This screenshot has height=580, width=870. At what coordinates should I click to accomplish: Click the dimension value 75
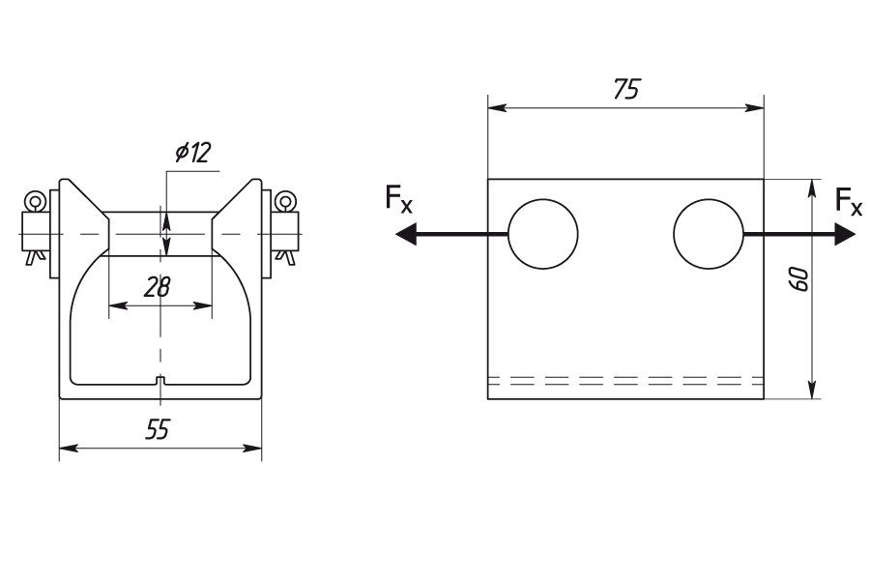(626, 89)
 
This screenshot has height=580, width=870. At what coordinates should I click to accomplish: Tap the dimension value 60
(799, 279)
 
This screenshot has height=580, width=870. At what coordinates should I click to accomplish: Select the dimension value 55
(157, 429)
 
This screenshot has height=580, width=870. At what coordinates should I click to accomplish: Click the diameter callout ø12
(193, 152)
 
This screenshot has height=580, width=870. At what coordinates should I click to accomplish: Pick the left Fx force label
(398, 200)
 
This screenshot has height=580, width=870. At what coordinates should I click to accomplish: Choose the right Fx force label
(849, 201)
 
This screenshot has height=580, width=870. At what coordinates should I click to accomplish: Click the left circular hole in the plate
(543, 234)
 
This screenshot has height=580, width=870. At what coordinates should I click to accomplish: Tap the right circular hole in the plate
(709, 234)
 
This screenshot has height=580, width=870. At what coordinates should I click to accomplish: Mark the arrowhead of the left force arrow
(407, 234)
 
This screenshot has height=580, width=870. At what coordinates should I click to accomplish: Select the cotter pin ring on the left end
(36, 202)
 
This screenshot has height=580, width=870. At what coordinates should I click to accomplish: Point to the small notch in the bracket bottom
(160, 380)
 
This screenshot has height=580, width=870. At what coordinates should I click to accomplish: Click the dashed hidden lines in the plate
(625, 380)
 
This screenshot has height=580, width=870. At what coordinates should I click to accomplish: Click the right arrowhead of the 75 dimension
(756, 109)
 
